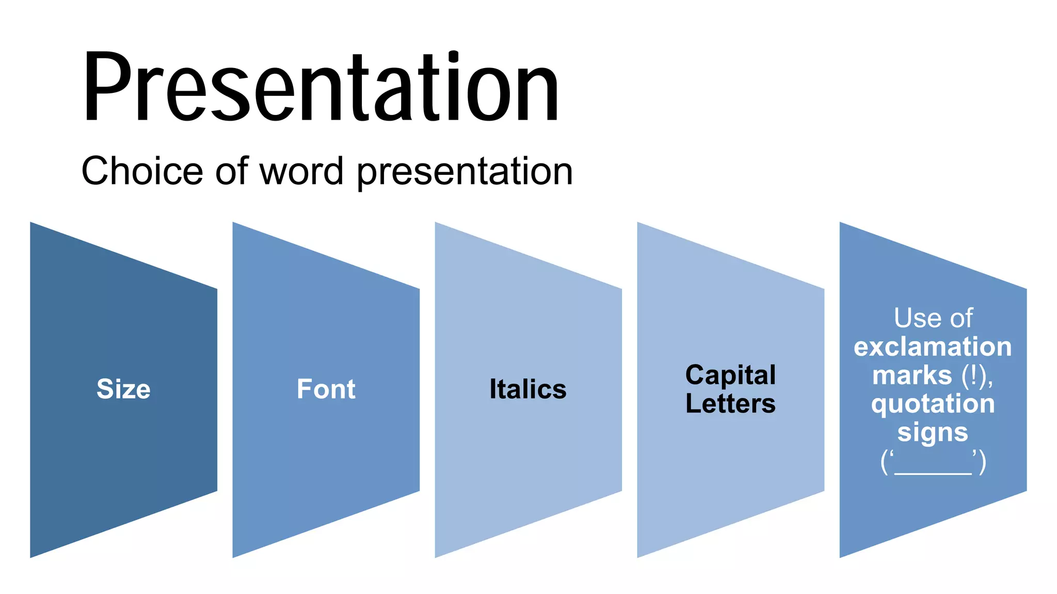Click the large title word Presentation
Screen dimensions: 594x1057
[x=321, y=88]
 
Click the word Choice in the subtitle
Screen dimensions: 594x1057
[x=142, y=171]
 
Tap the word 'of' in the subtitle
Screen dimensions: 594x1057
[x=232, y=171]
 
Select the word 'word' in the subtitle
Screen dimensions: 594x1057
[x=301, y=171]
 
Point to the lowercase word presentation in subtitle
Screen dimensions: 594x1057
[x=465, y=173]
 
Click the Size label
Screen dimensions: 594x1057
[x=123, y=389]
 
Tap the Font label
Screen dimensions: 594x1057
[x=326, y=389]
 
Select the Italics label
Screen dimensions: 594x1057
[x=528, y=389]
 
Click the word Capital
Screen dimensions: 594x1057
[x=730, y=375]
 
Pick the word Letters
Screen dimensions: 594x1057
[x=730, y=403]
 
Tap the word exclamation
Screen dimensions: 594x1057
[x=933, y=346]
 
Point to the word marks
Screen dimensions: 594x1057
[x=912, y=375]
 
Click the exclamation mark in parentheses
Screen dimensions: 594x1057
[x=974, y=375]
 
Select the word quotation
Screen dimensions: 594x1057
[x=933, y=403]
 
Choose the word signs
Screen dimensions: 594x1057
[x=933, y=433]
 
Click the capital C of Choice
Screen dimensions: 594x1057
[x=97, y=171]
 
